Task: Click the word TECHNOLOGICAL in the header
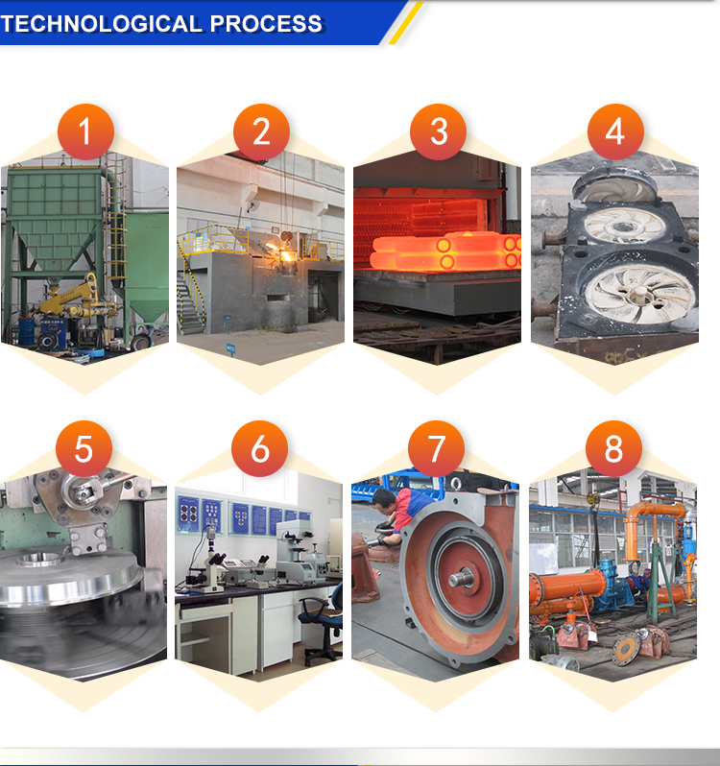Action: (x=101, y=23)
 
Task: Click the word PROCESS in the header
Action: (x=266, y=23)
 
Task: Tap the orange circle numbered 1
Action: (x=85, y=132)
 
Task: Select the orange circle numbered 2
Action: (x=261, y=132)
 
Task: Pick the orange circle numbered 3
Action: (x=438, y=132)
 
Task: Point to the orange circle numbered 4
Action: (x=615, y=132)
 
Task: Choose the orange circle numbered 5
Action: (x=84, y=448)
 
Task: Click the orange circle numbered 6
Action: (x=260, y=448)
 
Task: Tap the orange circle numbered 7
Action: (x=436, y=448)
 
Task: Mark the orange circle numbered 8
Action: (x=614, y=448)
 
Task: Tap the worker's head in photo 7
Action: (x=384, y=499)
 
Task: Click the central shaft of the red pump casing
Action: (x=461, y=579)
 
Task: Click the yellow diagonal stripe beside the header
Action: (x=406, y=23)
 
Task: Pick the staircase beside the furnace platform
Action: (x=191, y=293)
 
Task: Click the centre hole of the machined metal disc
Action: (x=40, y=560)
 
